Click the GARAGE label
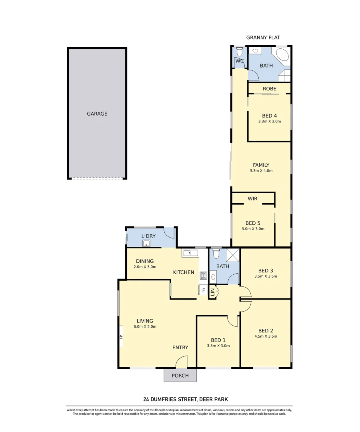(x=97, y=114)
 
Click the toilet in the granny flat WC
(x=239, y=52)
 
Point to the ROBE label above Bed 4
(x=269, y=88)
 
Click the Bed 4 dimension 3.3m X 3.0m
(x=270, y=121)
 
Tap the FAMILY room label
(x=261, y=165)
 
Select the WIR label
(x=252, y=198)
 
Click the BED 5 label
(x=253, y=223)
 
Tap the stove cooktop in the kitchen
(x=204, y=275)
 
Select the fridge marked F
(x=203, y=290)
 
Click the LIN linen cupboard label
(x=213, y=292)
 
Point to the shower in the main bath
(x=232, y=255)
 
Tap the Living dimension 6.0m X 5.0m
(x=145, y=327)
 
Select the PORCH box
(x=180, y=376)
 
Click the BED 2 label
(x=266, y=330)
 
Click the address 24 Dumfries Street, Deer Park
(x=180, y=399)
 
